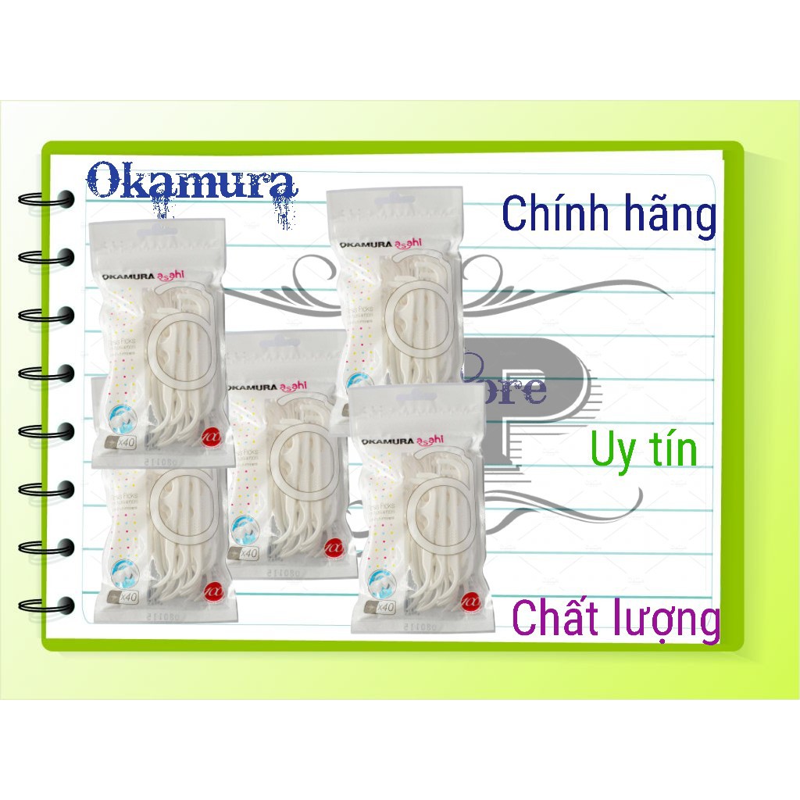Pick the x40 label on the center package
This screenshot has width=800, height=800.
click(248, 553)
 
